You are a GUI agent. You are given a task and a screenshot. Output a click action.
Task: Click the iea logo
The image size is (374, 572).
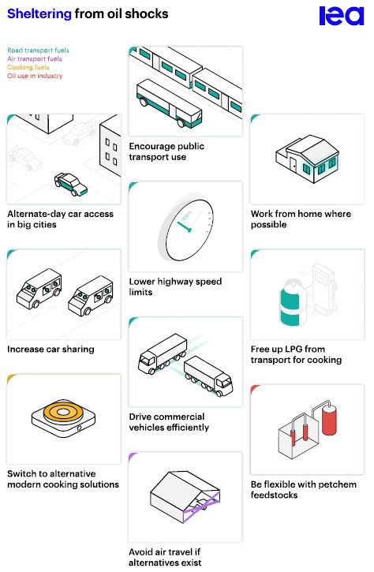pos(341,16)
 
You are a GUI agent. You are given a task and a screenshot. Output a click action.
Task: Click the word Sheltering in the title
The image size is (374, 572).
pos(39,14)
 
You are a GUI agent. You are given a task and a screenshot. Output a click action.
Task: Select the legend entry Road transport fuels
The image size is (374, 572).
pos(38,50)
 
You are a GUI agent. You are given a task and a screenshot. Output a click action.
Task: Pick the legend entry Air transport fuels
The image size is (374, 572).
pos(35,58)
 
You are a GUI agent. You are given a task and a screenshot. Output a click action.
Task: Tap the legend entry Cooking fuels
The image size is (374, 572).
pos(28,68)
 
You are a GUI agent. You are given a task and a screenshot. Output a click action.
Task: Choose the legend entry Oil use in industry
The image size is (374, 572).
pos(35,76)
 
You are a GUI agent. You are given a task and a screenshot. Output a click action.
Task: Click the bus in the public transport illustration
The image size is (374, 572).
pos(169,103)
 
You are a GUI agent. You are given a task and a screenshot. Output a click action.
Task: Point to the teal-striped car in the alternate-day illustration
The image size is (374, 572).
pos(71,184)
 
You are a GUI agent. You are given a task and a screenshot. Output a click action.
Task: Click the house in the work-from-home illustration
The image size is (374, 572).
pos(307,159)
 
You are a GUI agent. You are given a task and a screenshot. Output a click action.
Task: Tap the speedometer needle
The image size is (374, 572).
pos(184,226)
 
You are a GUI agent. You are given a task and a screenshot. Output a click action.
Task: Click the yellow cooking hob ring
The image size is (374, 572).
pos(63,412)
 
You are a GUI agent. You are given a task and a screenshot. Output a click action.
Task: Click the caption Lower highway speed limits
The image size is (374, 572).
pos(175,286)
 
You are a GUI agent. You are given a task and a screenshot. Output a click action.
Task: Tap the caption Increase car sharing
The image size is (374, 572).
pos(50,349)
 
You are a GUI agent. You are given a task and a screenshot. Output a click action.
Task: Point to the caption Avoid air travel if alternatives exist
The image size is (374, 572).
pos(165,557)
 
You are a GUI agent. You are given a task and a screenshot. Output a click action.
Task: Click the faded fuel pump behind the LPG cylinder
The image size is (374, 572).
pos(323,288)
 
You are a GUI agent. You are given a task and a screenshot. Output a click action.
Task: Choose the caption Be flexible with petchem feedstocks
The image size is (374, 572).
pos(304,490)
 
